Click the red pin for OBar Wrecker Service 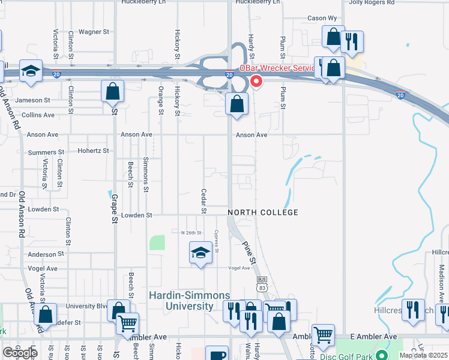[256, 80]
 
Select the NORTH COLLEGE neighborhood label [263, 213]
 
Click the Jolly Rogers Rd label [374, 2]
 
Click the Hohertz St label [93, 151]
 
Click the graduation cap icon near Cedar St [200, 252]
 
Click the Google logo [20, 353]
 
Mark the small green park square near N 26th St [157, 242]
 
